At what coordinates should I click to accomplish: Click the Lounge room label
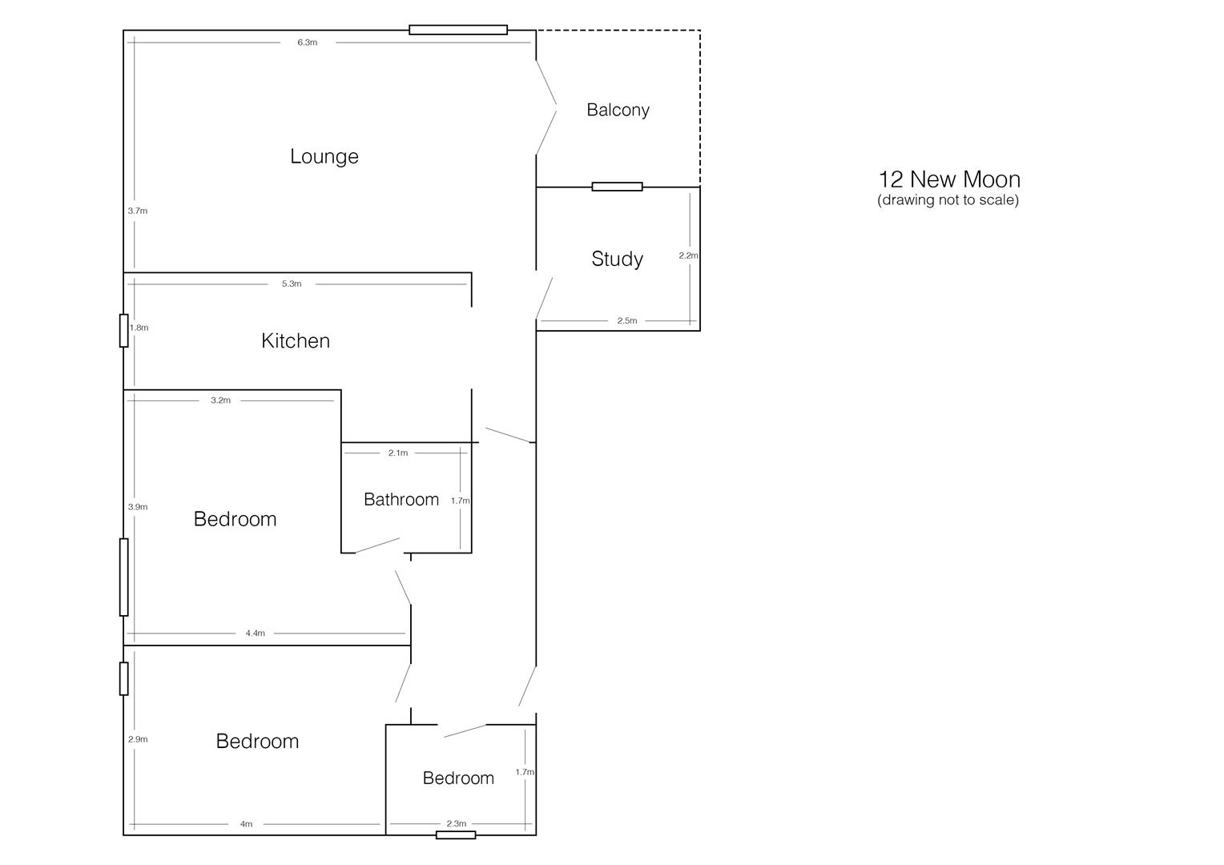[x=324, y=156]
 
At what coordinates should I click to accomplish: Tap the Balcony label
[x=618, y=110]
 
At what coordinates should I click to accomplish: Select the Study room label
[x=617, y=259]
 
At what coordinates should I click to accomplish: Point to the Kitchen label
[x=296, y=340]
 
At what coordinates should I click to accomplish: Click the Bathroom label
[x=401, y=500]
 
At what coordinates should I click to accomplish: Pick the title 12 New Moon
[x=948, y=179]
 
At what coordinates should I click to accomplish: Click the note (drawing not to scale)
[x=948, y=199]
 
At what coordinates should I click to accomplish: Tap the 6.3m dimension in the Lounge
[x=308, y=42]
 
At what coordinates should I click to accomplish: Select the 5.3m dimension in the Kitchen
[x=292, y=284]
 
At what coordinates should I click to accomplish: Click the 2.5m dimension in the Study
[x=626, y=320]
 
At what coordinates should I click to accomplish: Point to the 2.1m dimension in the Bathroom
[x=397, y=453]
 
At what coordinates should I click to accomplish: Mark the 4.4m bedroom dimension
[x=255, y=633]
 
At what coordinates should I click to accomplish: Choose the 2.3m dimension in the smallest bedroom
[x=456, y=823]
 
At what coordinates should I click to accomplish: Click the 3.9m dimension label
[x=138, y=507]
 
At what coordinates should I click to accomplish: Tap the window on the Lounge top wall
[x=458, y=30]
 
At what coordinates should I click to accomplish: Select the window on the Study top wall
[x=617, y=187]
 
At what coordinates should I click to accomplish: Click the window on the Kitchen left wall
[x=124, y=330]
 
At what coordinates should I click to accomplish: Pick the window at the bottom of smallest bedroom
[x=456, y=835]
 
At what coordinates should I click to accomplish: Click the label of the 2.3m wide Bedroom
[x=458, y=778]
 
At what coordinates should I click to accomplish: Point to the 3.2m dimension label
[x=220, y=400]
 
